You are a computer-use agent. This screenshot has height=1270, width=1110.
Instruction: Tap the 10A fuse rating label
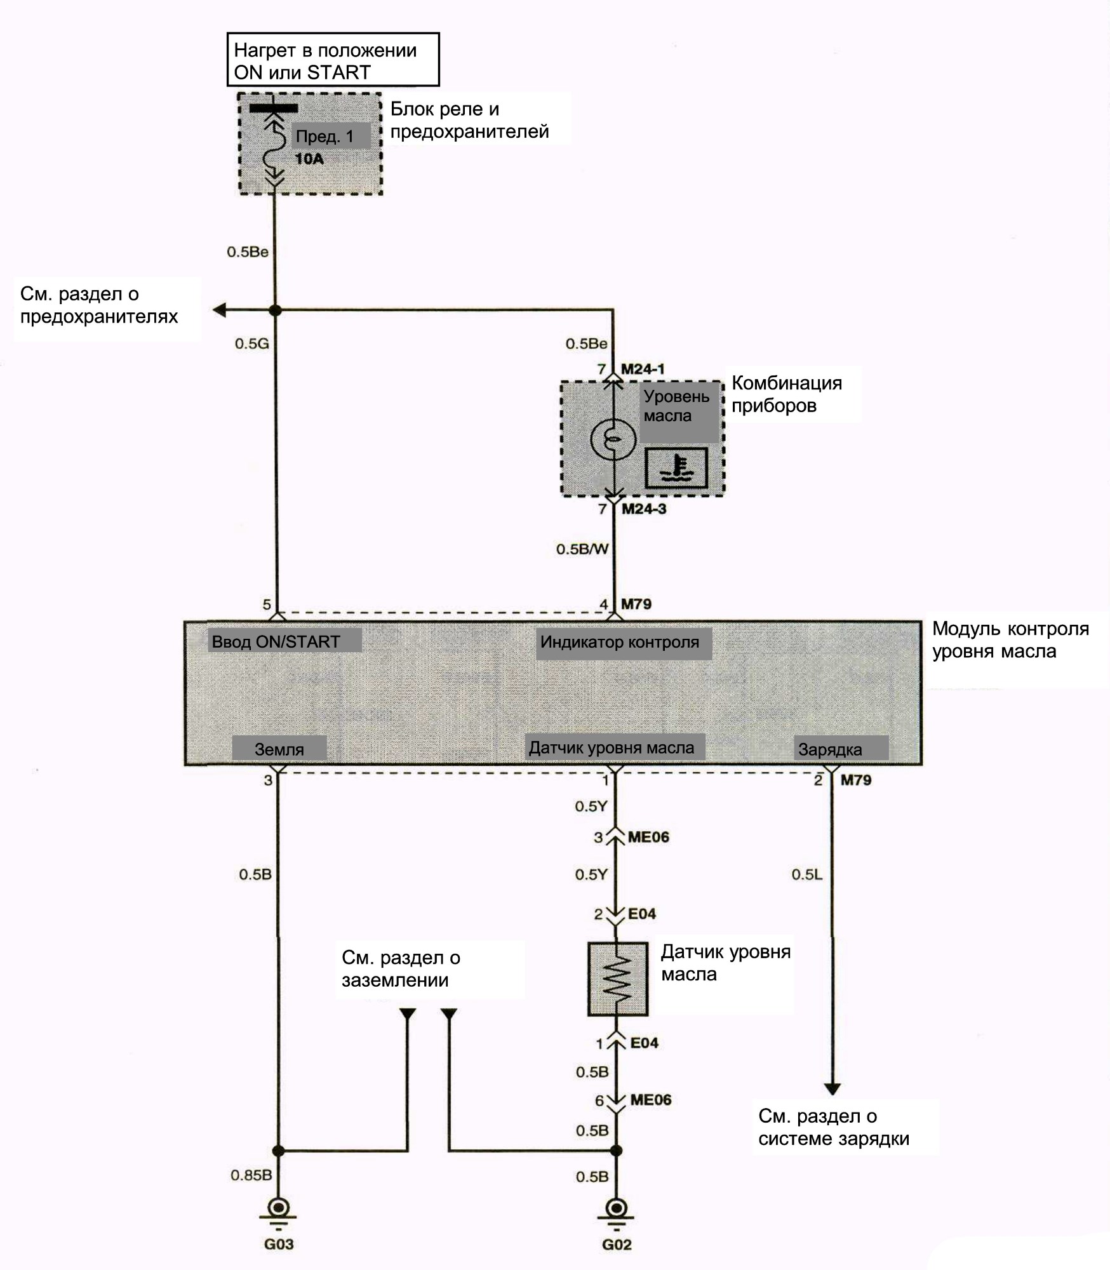click(x=309, y=159)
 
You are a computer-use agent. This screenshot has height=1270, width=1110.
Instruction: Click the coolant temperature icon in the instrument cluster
click(x=676, y=468)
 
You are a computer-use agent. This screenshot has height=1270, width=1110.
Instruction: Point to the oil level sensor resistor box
click(x=617, y=979)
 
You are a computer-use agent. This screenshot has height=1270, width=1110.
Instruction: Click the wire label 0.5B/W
click(x=582, y=549)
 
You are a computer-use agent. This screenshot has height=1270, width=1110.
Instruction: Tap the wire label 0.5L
click(x=806, y=874)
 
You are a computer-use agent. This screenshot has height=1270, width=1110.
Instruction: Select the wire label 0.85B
click(x=251, y=1175)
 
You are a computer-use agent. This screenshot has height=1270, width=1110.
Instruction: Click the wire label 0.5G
click(x=251, y=344)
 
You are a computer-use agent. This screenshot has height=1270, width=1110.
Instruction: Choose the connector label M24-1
click(x=643, y=368)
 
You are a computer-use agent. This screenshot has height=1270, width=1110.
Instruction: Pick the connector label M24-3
click(x=644, y=509)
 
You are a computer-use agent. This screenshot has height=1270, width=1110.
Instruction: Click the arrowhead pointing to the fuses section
click(x=220, y=311)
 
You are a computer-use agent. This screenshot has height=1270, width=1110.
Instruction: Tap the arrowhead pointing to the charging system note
click(x=832, y=1089)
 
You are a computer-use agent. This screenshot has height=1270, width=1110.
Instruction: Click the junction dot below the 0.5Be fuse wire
click(x=275, y=311)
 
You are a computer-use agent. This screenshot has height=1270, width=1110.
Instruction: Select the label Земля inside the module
click(x=279, y=749)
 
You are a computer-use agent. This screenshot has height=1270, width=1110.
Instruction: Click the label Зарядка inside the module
click(x=830, y=750)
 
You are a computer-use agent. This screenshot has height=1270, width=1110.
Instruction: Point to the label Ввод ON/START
click(x=276, y=641)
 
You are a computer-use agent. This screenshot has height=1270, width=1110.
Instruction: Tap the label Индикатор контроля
click(x=619, y=642)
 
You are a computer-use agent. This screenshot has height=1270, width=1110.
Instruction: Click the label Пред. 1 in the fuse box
click(x=324, y=137)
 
